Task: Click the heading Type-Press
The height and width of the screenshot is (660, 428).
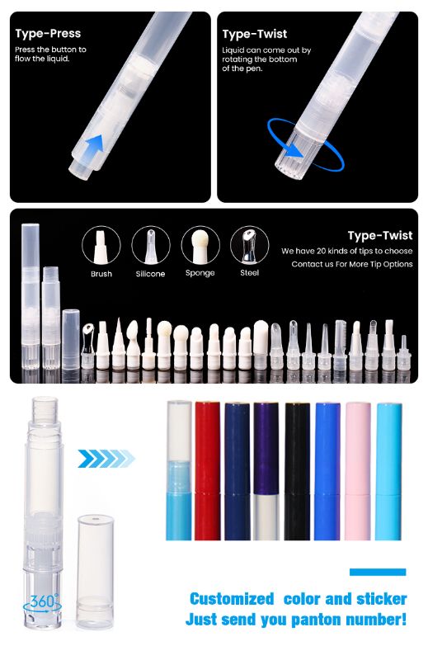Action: point(48,33)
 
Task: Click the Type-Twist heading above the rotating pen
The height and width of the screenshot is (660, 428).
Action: point(255,34)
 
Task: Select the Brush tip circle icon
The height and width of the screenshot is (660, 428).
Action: point(101,246)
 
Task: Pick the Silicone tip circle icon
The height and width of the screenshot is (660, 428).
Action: point(151,246)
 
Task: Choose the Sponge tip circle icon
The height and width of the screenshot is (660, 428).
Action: point(200,246)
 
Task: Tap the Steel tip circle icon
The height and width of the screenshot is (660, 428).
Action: point(250,246)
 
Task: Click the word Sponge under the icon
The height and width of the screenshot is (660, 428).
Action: point(200,273)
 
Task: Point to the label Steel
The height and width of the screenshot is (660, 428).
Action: point(250,273)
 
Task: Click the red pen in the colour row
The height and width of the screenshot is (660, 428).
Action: point(208,470)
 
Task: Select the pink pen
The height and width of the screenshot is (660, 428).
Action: point(358,471)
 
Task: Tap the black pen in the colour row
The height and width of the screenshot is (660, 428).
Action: point(298,471)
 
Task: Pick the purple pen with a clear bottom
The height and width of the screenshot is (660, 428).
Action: point(266,471)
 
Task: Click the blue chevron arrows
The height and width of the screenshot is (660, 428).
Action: point(106,459)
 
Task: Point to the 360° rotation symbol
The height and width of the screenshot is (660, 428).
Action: point(42,604)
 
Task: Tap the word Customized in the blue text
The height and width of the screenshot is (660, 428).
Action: point(232,599)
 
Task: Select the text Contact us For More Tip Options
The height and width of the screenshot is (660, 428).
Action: point(352,264)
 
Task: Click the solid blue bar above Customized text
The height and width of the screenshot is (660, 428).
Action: point(378,572)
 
